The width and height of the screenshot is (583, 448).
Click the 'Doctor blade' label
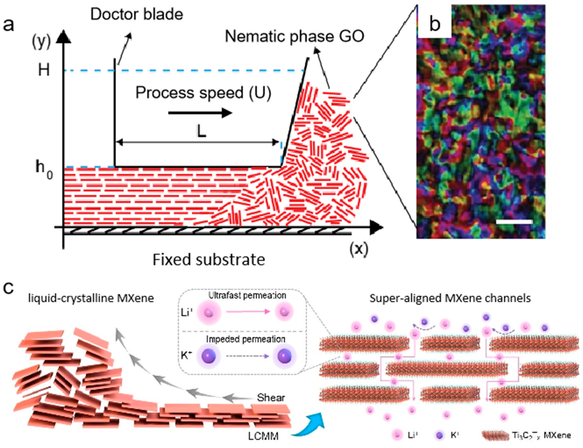(137, 14)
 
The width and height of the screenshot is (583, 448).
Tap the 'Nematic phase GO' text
(294, 37)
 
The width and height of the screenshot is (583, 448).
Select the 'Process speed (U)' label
(203, 93)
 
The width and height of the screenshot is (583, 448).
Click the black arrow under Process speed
(200, 113)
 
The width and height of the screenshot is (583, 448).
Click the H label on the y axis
(44, 70)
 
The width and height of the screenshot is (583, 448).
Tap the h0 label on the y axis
(44, 170)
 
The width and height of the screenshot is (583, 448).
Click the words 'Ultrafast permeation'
(247, 295)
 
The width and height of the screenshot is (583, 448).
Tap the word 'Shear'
(271, 398)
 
